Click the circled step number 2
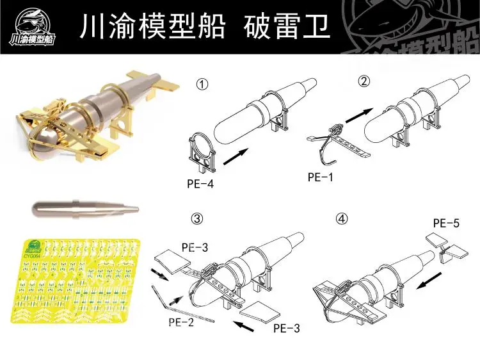(x=364, y=81)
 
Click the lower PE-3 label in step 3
(x=286, y=329)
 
